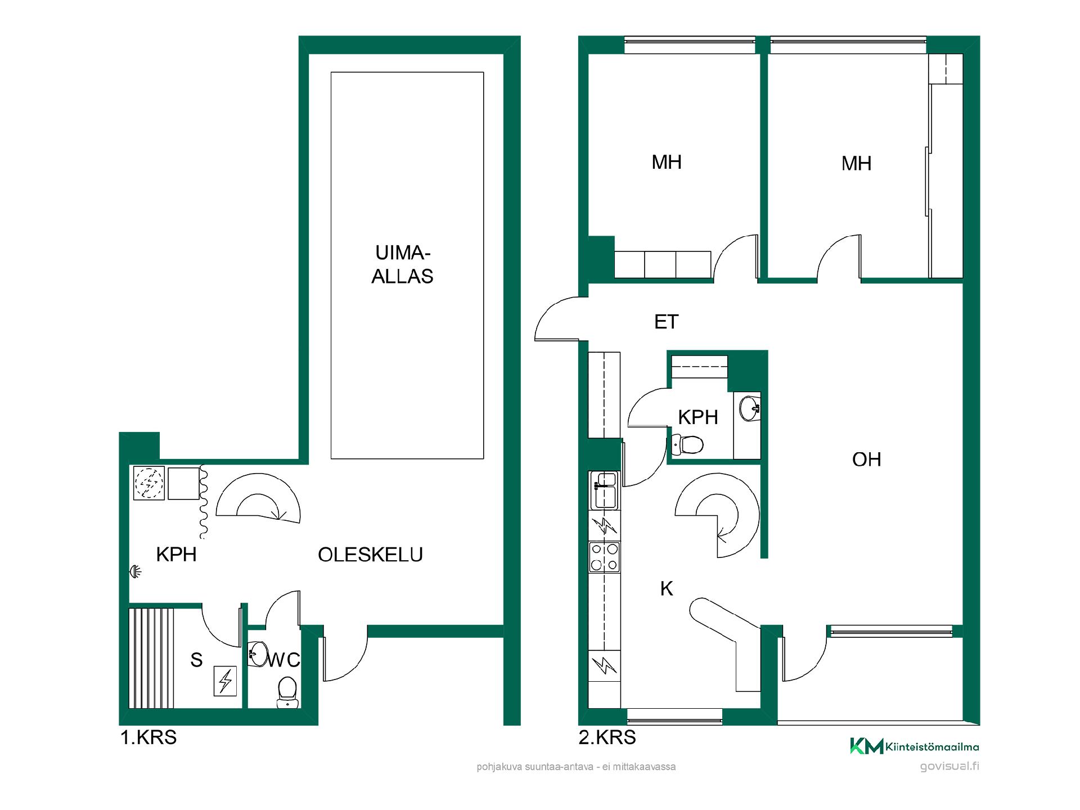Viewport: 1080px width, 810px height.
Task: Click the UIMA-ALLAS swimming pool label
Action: click(x=402, y=264)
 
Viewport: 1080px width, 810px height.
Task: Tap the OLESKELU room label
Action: click(x=370, y=555)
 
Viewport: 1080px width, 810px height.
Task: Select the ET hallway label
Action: click(x=667, y=322)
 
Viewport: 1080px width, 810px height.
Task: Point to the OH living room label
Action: click(x=866, y=460)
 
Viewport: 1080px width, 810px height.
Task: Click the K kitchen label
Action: click(x=667, y=589)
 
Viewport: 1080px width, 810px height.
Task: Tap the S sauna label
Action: click(x=196, y=660)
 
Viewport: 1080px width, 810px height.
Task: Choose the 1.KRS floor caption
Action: click(x=148, y=737)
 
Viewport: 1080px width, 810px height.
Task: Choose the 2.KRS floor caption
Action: click(x=607, y=737)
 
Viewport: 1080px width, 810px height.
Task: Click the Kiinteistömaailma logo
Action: click(x=914, y=746)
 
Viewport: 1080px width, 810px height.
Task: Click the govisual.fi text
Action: click(x=949, y=766)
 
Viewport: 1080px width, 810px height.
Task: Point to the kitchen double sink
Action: click(x=604, y=489)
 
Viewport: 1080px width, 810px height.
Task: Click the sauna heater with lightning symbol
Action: click(x=226, y=681)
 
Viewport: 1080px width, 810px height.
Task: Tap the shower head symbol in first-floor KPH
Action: click(x=135, y=571)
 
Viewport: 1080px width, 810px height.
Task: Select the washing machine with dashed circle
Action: click(x=149, y=483)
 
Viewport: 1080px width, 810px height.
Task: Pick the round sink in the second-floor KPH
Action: click(x=750, y=407)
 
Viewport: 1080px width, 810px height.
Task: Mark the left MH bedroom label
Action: click(x=667, y=162)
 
